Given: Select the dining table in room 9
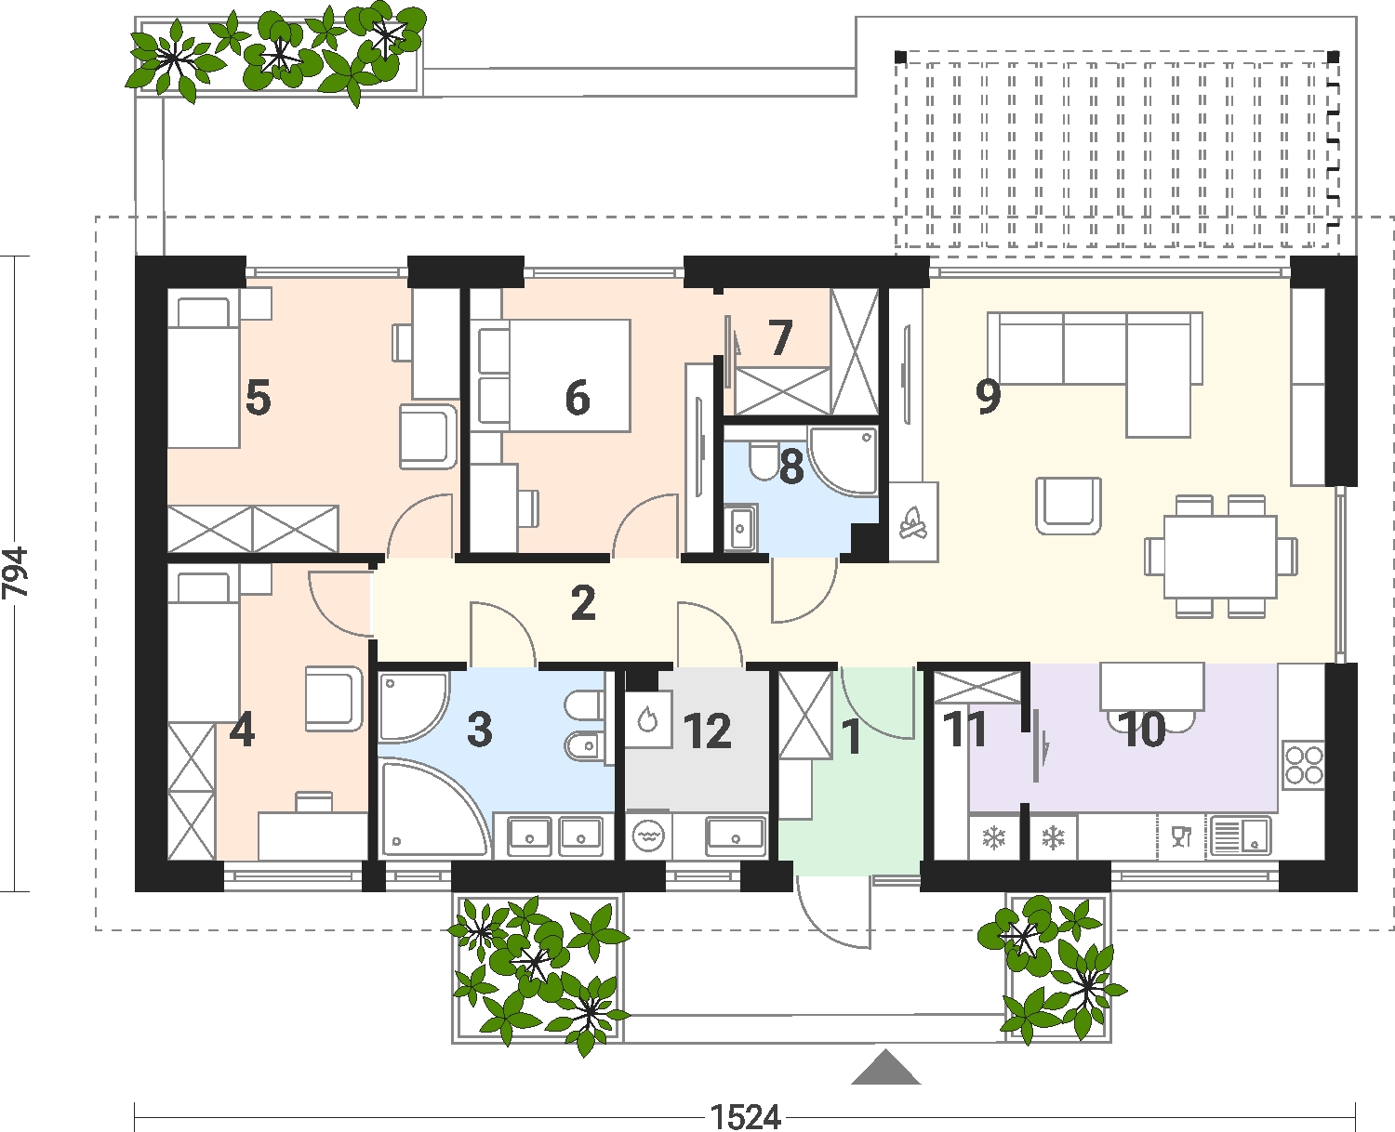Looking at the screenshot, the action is [x=1221, y=557].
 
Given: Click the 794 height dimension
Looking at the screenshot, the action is [x=16, y=572].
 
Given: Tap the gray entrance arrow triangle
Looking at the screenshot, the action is [x=885, y=1067].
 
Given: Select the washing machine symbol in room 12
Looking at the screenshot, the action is [x=649, y=835].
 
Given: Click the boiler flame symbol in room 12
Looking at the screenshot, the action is [x=647, y=718].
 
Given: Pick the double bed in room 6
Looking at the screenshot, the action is [x=551, y=375].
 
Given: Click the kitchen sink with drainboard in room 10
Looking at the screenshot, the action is [x=1241, y=836].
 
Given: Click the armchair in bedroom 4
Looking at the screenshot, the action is [x=334, y=699].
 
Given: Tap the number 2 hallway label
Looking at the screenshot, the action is [x=583, y=603].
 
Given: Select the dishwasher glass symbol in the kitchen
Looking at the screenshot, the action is [x=1181, y=836].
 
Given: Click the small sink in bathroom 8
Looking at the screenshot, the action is [x=740, y=526].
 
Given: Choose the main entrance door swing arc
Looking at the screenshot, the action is [x=821, y=928].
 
